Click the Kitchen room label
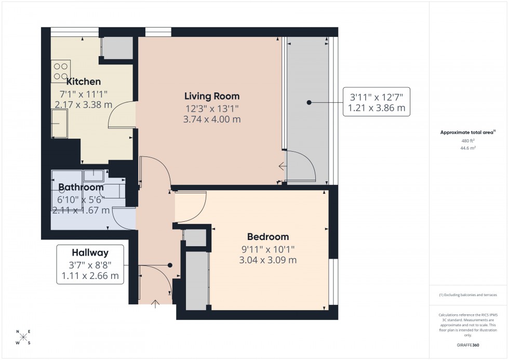click(x=83, y=82)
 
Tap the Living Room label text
click(x=212, y=96)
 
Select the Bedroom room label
click(x=267, y=237)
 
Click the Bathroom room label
click(x=81, y=188)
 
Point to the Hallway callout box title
click(x=90, y=253)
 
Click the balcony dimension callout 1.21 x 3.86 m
click(x=379, y=109)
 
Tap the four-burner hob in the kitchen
click(x=61, y=71)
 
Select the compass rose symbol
click(x=23, y=338)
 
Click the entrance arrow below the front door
click(x=155, y=303)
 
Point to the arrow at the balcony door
click(x=282, y=167)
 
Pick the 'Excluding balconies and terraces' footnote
click(x=468, y=295)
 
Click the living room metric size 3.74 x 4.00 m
click(x=212, y=119)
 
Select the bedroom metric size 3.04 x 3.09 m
click(x=267, y=260)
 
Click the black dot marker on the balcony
click(x=309, y=103)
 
